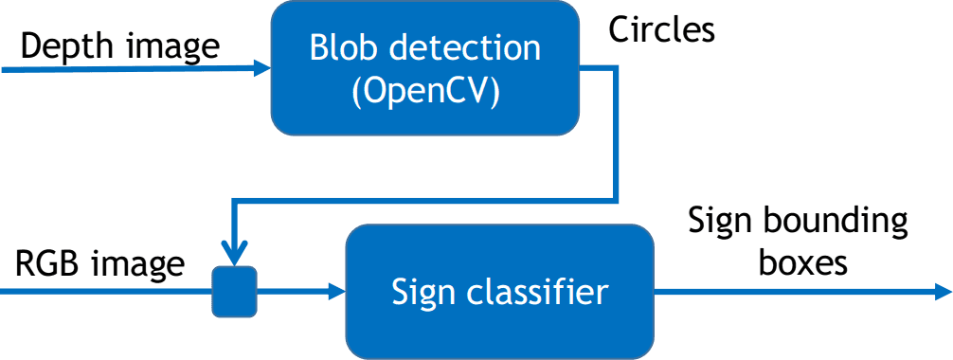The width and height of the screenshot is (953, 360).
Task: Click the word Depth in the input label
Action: coord(65,46)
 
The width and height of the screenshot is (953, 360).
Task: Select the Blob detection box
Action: coord(424,69)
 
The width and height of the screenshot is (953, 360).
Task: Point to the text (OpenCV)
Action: coord(424,92)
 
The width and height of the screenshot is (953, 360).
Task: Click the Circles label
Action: coord(661,30)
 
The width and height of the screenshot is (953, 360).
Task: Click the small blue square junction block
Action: coord(234,291)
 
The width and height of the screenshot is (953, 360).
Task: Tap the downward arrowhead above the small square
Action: coord(234,254)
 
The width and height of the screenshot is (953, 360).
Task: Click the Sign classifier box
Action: coord(499,290)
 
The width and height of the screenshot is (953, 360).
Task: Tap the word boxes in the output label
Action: coord(803,262)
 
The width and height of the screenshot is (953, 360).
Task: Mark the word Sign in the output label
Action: coord(719,224)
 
